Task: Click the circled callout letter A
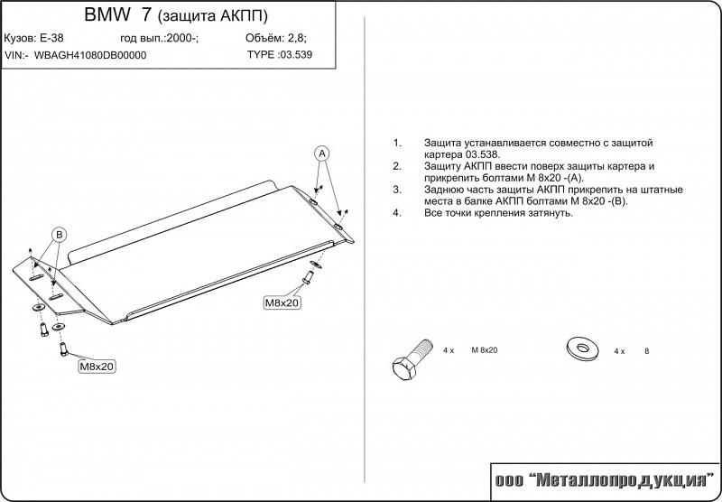tap(323, 153)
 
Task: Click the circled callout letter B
tap(58, 235)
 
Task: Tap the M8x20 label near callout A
tap(282, 302)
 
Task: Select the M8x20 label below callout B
tap(97, 367)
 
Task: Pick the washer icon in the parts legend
tap(579, 348)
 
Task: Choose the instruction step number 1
tap(396, 144)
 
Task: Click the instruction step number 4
tap(396, 213)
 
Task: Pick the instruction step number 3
tap(396, 190)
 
